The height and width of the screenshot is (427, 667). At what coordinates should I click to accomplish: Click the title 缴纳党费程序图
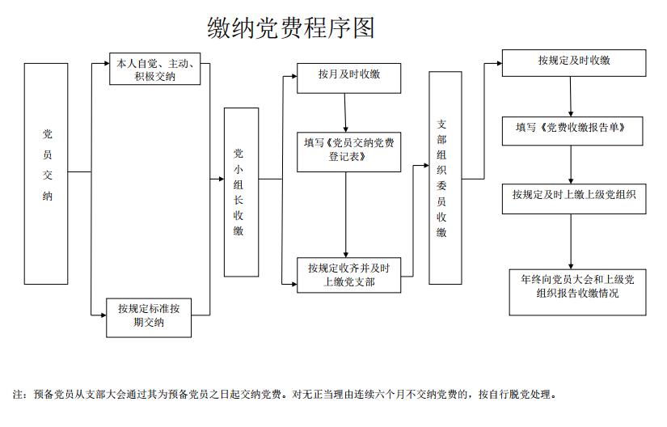tap(291, 28)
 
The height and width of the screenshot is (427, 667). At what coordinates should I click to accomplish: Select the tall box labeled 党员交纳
tap(46, 174)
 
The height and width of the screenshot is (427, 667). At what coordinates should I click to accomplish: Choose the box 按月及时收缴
tap(348, 75)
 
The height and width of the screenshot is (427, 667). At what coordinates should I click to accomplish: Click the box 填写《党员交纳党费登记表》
tap(348, 150)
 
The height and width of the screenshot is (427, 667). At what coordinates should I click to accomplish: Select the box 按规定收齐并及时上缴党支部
tap(348, 275)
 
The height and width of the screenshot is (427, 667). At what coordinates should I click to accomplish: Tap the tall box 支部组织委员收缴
tap(445, 178)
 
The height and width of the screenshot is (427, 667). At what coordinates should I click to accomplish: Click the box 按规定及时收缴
tap(573, 61)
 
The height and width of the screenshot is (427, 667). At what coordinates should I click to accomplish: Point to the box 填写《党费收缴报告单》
tap(573, 128)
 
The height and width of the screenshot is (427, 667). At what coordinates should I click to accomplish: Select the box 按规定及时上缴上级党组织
tap(573, 195)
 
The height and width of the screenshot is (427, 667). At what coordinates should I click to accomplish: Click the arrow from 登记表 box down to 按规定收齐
tap(346, 214)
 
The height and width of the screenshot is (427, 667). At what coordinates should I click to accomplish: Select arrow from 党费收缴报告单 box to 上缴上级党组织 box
tap(572, 161)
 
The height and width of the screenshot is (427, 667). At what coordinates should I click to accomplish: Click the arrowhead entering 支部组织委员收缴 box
tap(424, 165)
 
